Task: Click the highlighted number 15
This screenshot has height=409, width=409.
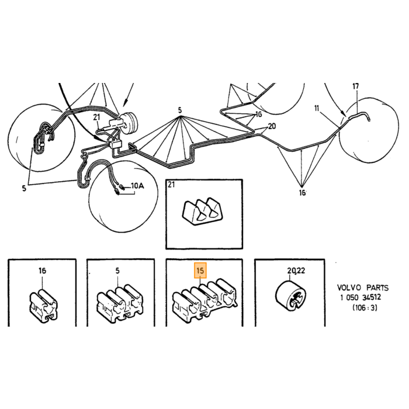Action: (x=200, y=271)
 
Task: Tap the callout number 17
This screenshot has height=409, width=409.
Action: (x=356, y=86)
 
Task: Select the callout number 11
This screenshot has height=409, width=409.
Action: (x=317, y=108)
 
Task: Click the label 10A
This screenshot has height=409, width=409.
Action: (x=137, y=186)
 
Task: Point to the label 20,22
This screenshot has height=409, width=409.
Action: (x=296, y=271)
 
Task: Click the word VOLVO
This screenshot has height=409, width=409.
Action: (x=349, y=287)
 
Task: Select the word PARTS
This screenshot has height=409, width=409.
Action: (x=377, y=287)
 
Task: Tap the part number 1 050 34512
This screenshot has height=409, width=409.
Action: (x=361, y=297)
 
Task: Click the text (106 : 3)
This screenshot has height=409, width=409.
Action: (x=365, y=308)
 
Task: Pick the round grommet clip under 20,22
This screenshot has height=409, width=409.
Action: (x=291, y=295)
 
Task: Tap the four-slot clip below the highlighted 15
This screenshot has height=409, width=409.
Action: (x=205, y=300)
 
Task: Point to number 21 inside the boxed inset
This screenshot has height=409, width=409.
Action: (x=171, y=185)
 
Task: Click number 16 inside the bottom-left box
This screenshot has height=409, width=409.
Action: (x=42, y=271)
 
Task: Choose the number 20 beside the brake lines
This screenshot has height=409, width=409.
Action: (x=272, y=126)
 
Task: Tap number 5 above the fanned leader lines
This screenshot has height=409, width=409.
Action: (x=180, y=110)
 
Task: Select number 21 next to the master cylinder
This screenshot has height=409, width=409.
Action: (x=97, y=117)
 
